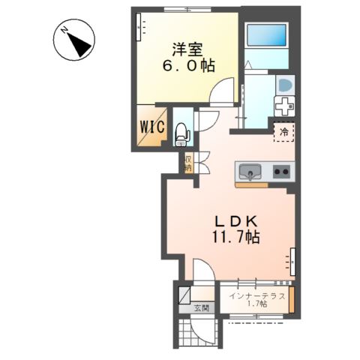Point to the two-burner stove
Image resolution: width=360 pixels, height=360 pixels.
(x=282, y=172)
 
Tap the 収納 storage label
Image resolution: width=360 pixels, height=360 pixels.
(x=187, y=162)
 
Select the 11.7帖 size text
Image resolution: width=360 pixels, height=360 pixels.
(x=237, y=237)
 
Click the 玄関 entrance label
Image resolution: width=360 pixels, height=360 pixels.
(x=200, y=308)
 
